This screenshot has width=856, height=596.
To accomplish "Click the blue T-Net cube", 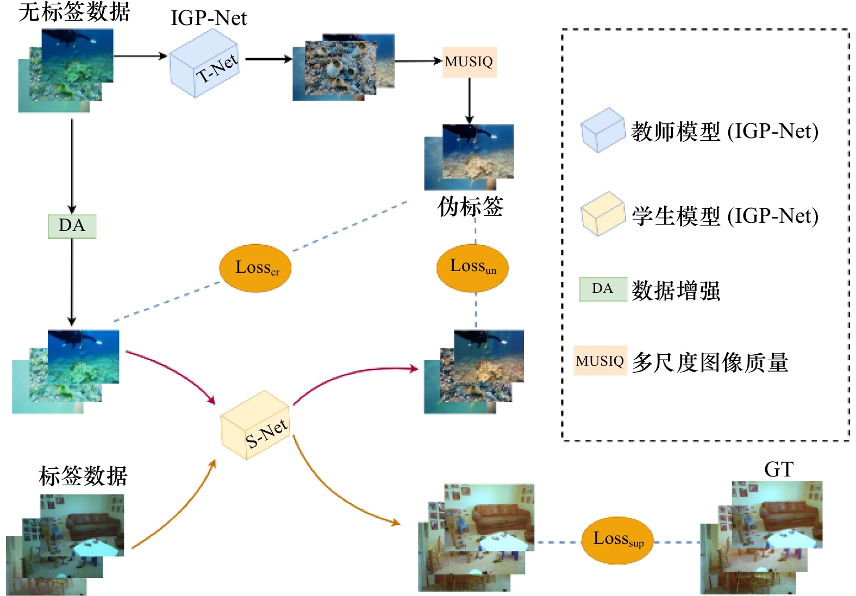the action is (x=204, y=64).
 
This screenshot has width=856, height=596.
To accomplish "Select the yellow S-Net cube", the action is (x=255, y=425).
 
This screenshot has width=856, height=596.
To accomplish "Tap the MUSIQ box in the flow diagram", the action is (x=469, y=62).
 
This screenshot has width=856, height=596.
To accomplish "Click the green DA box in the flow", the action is (x=72, y=226).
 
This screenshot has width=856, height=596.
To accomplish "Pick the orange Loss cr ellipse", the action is (x=255, y=268).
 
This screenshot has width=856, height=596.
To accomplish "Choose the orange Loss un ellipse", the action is (x=472, y=267).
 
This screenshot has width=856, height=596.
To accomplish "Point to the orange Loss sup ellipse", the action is (x=617, y=540).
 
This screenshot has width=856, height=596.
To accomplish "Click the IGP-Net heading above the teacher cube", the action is (x=209, y=17).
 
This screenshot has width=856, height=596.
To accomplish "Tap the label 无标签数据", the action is (x=74, y=11).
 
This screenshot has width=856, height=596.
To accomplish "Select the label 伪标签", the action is (x=470, y=206).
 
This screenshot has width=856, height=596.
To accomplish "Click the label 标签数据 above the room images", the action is (x=83, y=476).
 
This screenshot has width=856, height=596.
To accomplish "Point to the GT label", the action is (x=779, y=469).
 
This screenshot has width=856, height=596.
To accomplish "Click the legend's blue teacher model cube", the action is (x=603, y=130).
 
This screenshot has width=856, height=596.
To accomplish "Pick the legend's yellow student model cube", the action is (x=603, y=214).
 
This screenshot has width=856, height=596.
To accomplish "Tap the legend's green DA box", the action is (x=603, y=289).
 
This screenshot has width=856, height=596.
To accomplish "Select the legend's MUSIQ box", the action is (x=600, y=361).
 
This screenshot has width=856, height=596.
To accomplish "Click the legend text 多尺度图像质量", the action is (x=710, y=362).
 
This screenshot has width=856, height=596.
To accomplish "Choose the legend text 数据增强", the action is (x=676, y=291).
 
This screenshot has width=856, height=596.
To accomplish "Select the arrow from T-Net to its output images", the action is (x=268, y=59).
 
